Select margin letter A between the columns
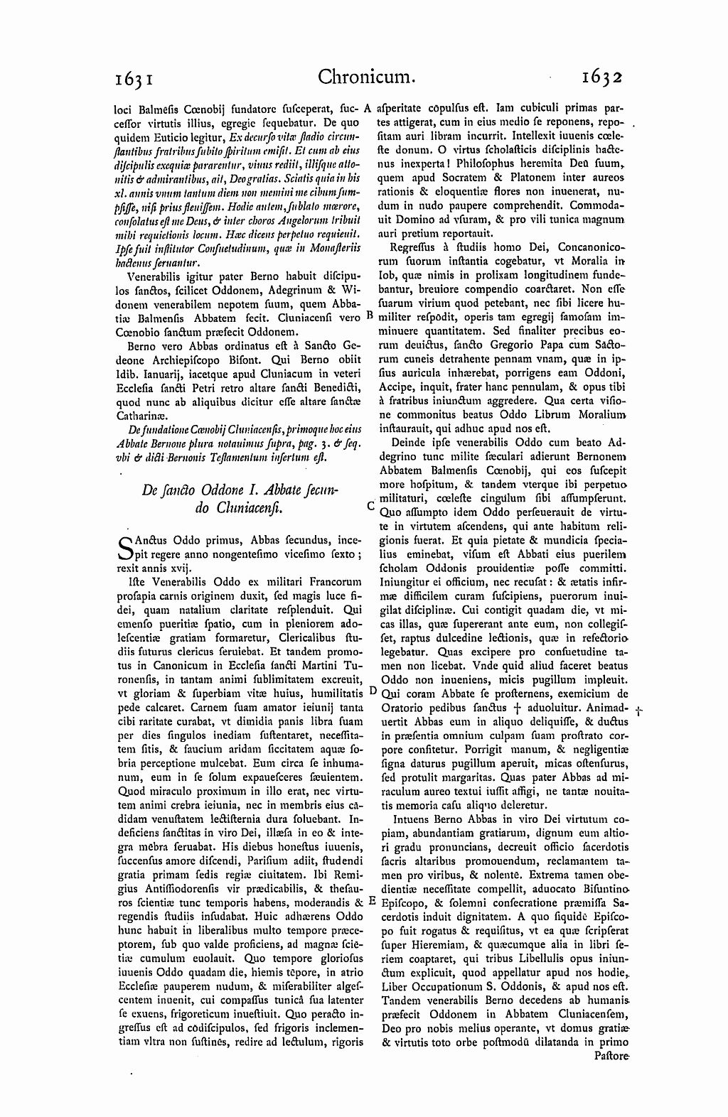point(368,109)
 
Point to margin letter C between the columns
point(370,507)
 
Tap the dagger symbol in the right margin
point(639,710)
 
